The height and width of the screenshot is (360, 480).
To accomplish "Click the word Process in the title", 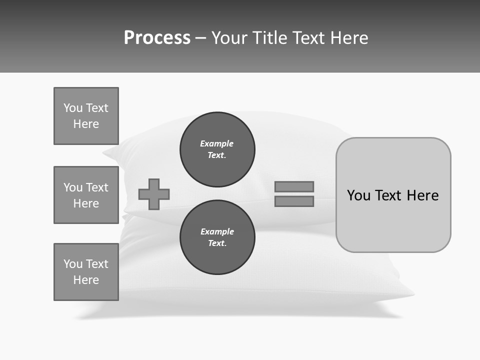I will click(x=157, y=38).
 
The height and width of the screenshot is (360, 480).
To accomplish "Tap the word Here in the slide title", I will click(x=348, y=38).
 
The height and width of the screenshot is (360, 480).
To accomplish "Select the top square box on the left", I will click(x=86, y=116).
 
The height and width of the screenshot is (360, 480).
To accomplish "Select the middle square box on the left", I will click(x=86, y=195).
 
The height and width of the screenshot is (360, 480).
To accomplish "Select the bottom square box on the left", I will click(x=86, y=272).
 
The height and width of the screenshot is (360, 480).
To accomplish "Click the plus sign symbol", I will click(x=154, y=194).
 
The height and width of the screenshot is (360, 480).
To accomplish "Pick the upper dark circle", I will click(x=217, y=149).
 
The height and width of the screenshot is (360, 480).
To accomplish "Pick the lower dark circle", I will click(x=217, y=237).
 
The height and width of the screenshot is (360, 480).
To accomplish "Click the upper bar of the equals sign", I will click(x=294, y=186).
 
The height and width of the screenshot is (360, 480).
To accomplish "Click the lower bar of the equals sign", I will click(x=294, y=201).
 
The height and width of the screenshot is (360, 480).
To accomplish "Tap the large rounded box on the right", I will click(x=393, y=225).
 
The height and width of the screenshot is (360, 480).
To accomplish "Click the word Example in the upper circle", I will click(x=216, y=143).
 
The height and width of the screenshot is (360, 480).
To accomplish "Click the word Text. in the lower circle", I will click(x=217, y=243).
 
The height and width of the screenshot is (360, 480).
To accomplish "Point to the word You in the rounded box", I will click(x=358, y=195).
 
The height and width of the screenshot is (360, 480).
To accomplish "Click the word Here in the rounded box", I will click(x=422, y=195).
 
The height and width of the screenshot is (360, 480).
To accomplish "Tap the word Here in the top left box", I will click(x=86, y=124).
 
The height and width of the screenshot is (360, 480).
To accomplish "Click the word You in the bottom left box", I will click(x=73, y=264).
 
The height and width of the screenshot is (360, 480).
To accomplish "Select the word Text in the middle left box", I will click(x=97, y=187).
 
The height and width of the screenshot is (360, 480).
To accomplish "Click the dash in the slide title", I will click(x=200, y=38).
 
